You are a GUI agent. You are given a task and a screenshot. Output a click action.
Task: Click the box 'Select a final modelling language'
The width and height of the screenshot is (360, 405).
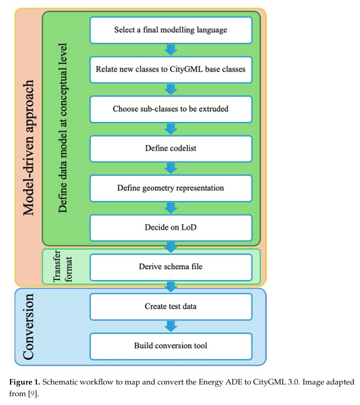click(171, 30)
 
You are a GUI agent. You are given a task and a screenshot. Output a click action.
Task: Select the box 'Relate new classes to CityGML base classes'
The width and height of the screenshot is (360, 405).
click(171, 70)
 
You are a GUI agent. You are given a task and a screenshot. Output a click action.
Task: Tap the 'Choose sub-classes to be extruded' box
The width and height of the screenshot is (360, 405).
click(171, 109)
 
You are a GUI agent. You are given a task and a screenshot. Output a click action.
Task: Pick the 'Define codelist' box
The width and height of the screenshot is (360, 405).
click(171, 149)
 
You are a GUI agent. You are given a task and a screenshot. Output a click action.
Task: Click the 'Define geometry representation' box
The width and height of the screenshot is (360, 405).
click(171, 188)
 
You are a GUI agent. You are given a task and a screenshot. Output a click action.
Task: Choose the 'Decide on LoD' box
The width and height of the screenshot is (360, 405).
click(171, 228)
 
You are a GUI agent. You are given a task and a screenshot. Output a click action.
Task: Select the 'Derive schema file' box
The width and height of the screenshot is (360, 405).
click(171, 267)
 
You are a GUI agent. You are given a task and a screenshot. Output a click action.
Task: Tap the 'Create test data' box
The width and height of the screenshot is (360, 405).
click(171, 307)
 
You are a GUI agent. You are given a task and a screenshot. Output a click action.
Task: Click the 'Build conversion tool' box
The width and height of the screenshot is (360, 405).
click(171, 346)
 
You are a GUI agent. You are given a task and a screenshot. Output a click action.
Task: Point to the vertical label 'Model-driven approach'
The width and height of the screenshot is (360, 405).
click(28, 148)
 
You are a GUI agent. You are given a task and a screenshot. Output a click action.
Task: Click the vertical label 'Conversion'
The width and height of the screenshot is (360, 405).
click(28, 326)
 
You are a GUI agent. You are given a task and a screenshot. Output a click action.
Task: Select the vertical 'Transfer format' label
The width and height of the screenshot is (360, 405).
click(62, 266)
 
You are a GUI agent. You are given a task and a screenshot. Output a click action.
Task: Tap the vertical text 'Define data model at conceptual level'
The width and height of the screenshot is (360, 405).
click(63, 128)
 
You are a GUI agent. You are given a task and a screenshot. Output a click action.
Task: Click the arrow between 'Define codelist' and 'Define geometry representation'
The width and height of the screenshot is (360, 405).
click(171, 168)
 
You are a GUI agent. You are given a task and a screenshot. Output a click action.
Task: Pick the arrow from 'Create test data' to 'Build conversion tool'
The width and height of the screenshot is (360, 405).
click(171, 326)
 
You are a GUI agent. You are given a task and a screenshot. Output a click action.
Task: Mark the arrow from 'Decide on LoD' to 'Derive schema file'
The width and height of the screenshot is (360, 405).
click(171, 247)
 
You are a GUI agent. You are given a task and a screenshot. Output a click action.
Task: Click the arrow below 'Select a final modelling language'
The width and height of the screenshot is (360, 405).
click(171, 50)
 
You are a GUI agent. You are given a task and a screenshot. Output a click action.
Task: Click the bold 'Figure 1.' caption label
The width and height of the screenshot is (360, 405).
click(25, 382)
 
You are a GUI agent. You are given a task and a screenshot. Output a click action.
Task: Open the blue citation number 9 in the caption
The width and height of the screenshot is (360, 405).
click(32, 394)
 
